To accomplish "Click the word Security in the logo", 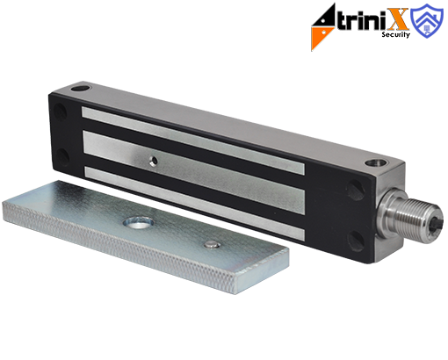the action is click(395, 34).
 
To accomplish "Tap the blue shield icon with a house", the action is click(427, 20).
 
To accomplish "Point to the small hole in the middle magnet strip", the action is click(153, 161).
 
